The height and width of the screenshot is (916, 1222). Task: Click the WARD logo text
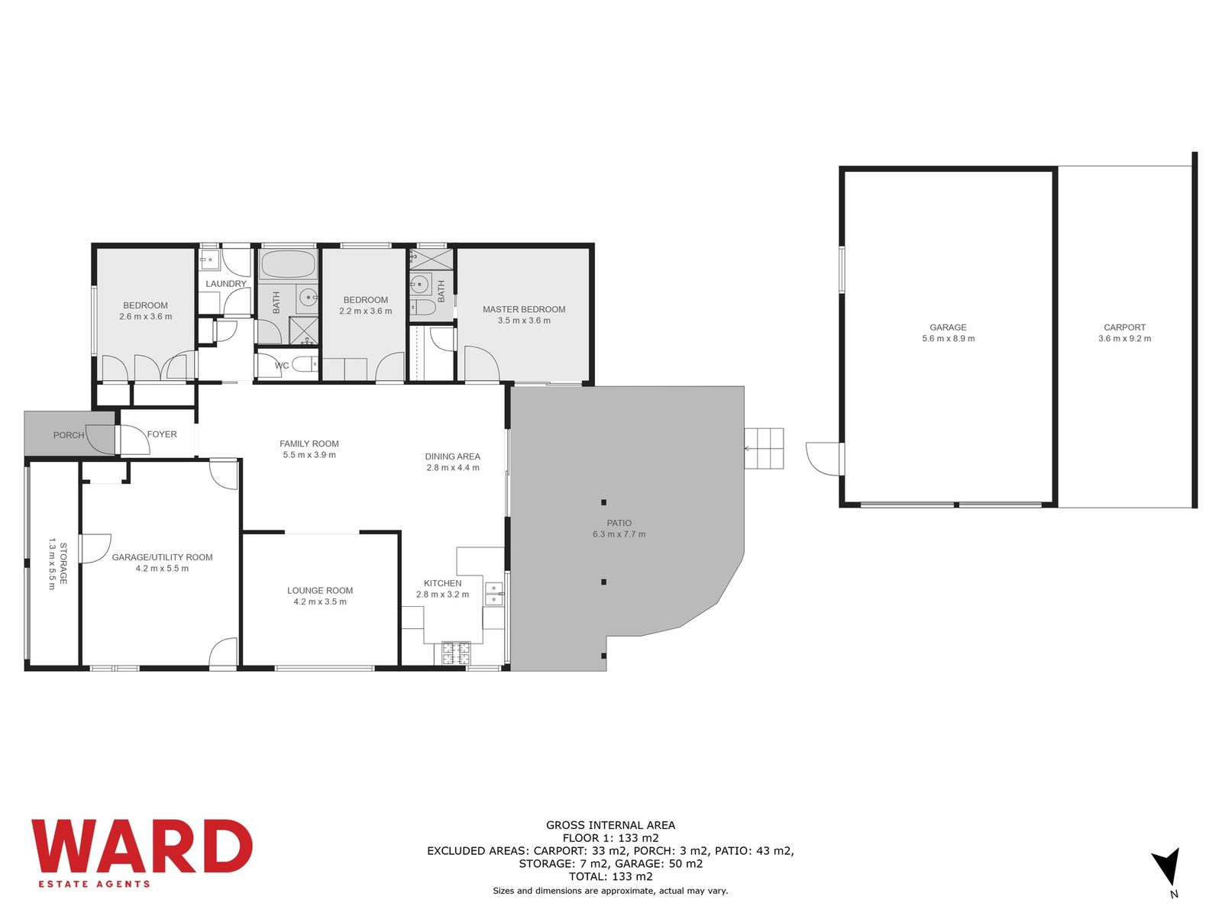tap(142, 846)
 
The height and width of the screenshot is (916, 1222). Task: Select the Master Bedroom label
tap(524, 309)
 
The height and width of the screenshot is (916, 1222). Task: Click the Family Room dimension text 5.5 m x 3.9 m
tap(309, 455)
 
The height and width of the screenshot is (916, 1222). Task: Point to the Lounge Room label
tap(320, 591)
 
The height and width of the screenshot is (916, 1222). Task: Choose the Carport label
tap(1124, 327)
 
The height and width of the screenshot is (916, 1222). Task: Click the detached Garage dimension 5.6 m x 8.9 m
tap(948, 338)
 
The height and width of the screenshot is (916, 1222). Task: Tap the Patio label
tap(619, 523)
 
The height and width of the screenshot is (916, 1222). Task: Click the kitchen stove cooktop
tap(456, 653)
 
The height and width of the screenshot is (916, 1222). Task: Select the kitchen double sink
tap(494, 593)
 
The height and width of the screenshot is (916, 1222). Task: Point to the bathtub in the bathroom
tap(288, 264)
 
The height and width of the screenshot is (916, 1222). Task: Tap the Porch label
tap(69, 435)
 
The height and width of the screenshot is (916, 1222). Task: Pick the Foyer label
tap(162, 434)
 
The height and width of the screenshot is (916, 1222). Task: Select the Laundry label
tap(226, 284)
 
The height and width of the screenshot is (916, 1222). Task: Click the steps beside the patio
tap(764, 448)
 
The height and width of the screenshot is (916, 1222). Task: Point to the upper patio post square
tap(603, 502)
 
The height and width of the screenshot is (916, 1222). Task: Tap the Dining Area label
tap(453, 456)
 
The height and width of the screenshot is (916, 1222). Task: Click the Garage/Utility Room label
tap(162, 557)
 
